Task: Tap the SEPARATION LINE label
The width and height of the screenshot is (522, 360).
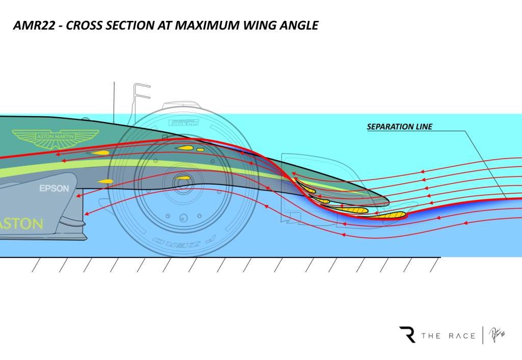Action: coord(399,126)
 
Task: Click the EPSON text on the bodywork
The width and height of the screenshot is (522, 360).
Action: coord(54,189)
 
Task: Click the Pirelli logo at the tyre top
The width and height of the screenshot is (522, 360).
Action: coord(182,122)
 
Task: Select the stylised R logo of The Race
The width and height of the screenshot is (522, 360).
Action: coord(407,335)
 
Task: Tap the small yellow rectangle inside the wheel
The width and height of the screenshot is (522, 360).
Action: coord(200,150)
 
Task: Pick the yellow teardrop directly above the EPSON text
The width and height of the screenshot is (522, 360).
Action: coord(106,182)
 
